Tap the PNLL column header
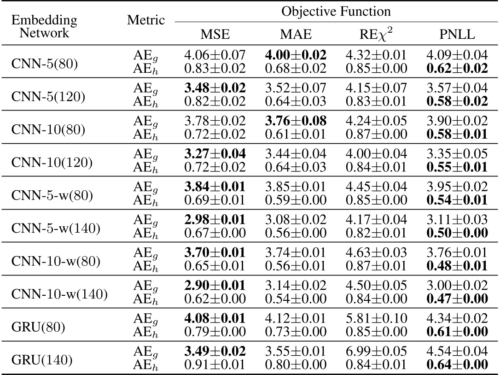(456, 35)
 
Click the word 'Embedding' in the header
(44, 20)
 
